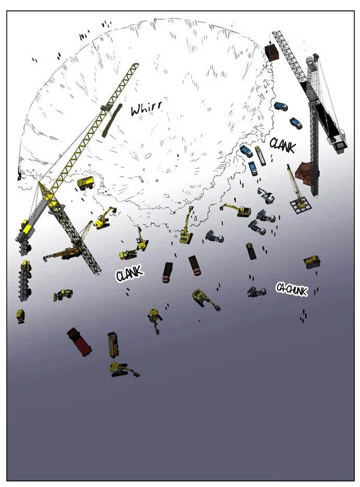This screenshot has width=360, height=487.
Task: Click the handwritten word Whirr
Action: [x=146, y=108]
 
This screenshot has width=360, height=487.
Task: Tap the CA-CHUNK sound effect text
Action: [x=292, y=289]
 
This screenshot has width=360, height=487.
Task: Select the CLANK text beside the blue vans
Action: [x=282, y=145]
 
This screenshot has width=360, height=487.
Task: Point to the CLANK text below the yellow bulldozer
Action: [x=129, y=273]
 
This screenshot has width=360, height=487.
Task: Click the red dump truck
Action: [x=79, y=341]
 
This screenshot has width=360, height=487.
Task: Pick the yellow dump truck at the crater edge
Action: [x=86, y=182]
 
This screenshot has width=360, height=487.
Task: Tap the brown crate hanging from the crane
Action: [x=272, y=53]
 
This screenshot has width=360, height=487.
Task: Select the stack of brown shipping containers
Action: [x=304, y=174]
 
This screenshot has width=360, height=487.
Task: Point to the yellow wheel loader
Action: [x=63, y=294]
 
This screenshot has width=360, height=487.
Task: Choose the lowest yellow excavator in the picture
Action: [x=124, y=370]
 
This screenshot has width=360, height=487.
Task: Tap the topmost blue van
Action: [x=280, y=106]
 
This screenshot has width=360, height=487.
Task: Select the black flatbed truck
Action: [x=251, y=251]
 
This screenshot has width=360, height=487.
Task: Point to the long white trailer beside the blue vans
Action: [x=260, y=156]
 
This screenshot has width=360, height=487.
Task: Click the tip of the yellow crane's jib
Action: [x=136, y=64]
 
